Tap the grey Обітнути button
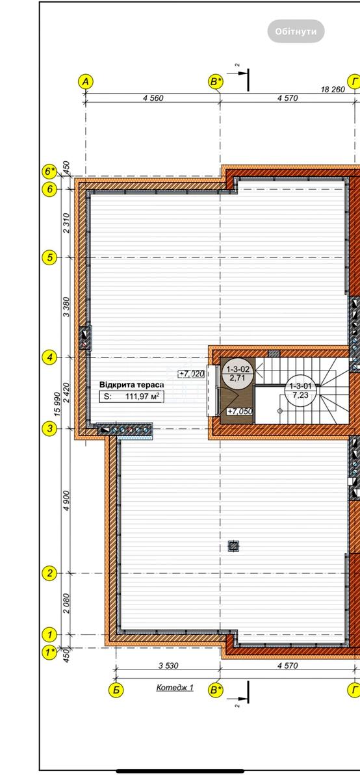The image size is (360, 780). [x=296, y=31]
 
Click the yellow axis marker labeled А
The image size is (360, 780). [x=86, y=82]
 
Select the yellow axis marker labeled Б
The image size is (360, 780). [x=116, y=690]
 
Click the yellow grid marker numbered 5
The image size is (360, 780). [x=49, y=257]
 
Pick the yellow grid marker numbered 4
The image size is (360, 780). [x=49, y=357]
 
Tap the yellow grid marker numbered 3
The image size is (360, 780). [x=49, y=428]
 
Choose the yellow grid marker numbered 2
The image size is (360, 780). [x=49, y=573]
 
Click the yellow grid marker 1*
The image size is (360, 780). [x=49, y=652]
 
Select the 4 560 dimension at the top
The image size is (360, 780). [x=153, y=98]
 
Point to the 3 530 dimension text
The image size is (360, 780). [x=168, y=666]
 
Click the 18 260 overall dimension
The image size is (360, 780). [x=333, y=90]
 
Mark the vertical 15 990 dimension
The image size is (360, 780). [x=58, y=404]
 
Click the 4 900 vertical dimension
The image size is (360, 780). [x=66, y=500]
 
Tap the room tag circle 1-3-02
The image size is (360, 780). [x=238, y=373]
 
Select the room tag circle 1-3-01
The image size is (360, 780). [x=300, y=390]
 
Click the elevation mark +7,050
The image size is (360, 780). [x=240, y=411]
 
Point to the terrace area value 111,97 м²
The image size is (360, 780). [x=142, y=396]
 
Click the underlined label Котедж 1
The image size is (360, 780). [x=175, y=688]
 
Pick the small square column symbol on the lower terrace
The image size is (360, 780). [x=234, y=546]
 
